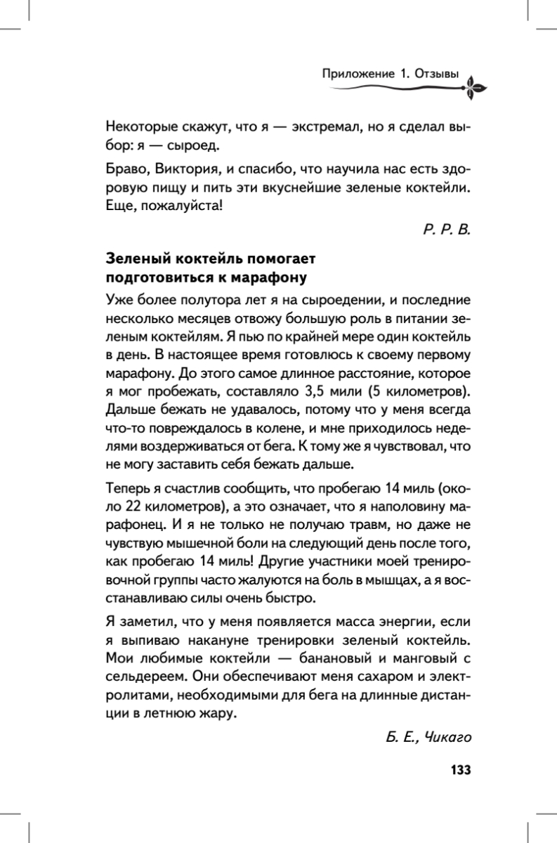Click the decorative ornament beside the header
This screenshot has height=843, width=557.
(475, 86)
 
